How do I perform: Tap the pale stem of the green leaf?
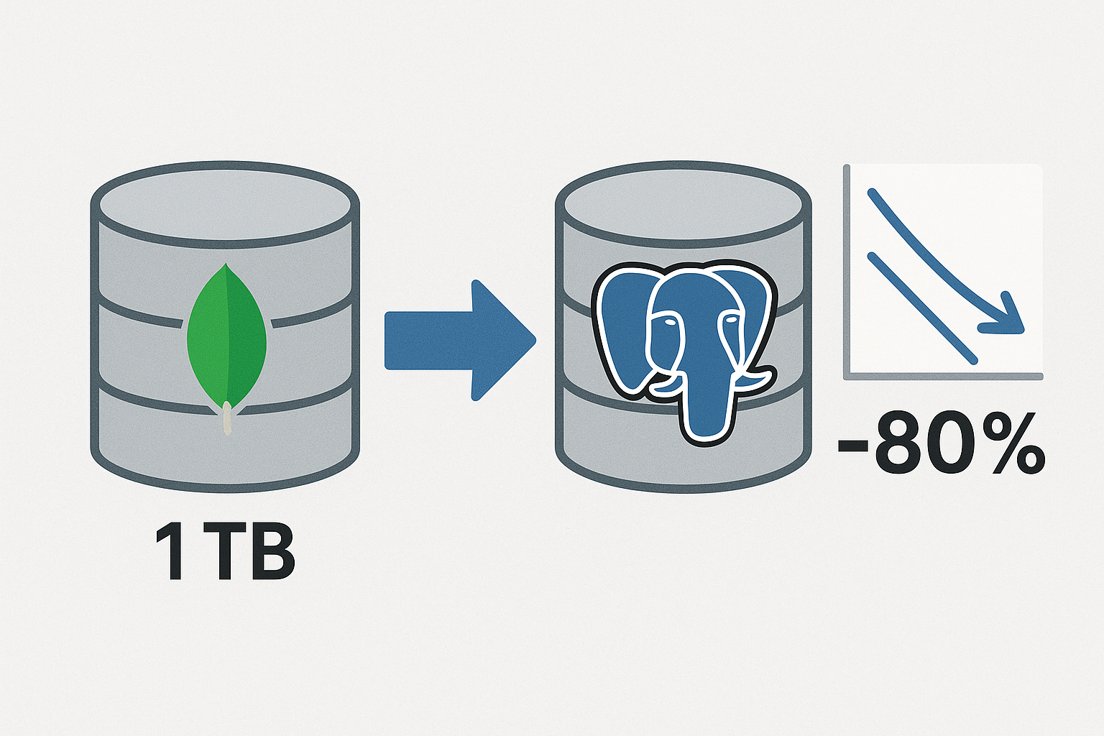227,419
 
